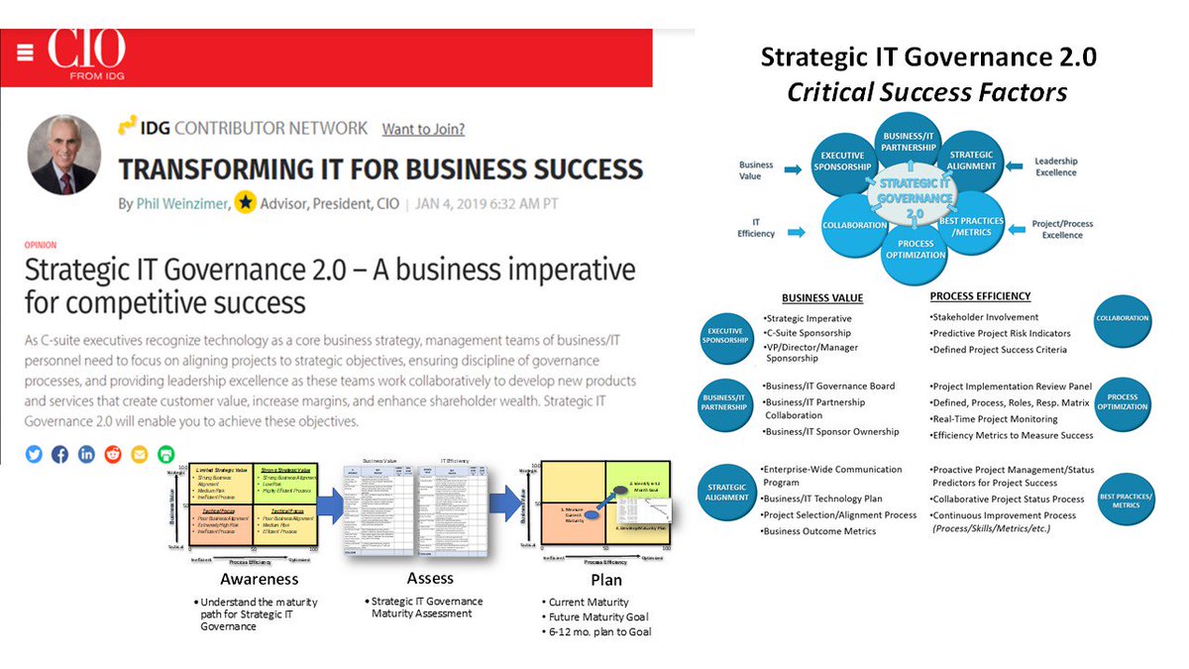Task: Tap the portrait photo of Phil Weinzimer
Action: [66, 156]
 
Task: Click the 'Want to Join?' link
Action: [423, 129]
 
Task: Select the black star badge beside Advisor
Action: [245, 203]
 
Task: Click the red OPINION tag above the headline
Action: [41, 245]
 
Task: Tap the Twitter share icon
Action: [35, 454]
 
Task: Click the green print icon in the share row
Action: [165, 454]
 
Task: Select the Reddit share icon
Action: [113, 454]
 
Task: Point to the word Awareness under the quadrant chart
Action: [259, 579]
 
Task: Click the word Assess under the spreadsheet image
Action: [430, 578]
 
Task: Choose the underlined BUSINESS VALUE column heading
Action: [821, 297]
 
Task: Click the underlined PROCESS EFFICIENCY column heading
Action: [980, 296]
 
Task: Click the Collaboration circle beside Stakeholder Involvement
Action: [1123, 319]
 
